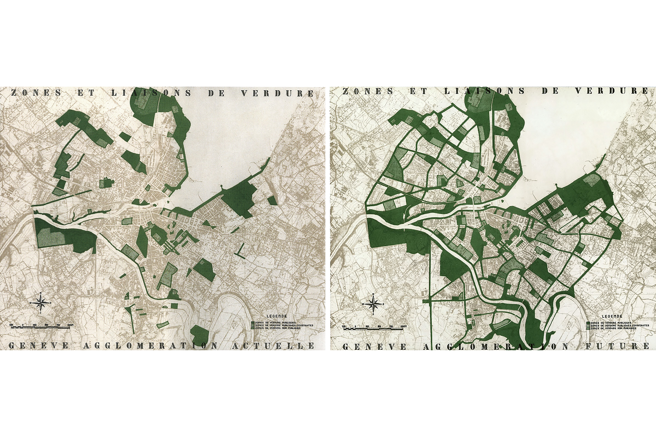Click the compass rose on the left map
[x=41, y=303]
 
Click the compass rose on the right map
[x=373, y=304]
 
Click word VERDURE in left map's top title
[x=277, y=93]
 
